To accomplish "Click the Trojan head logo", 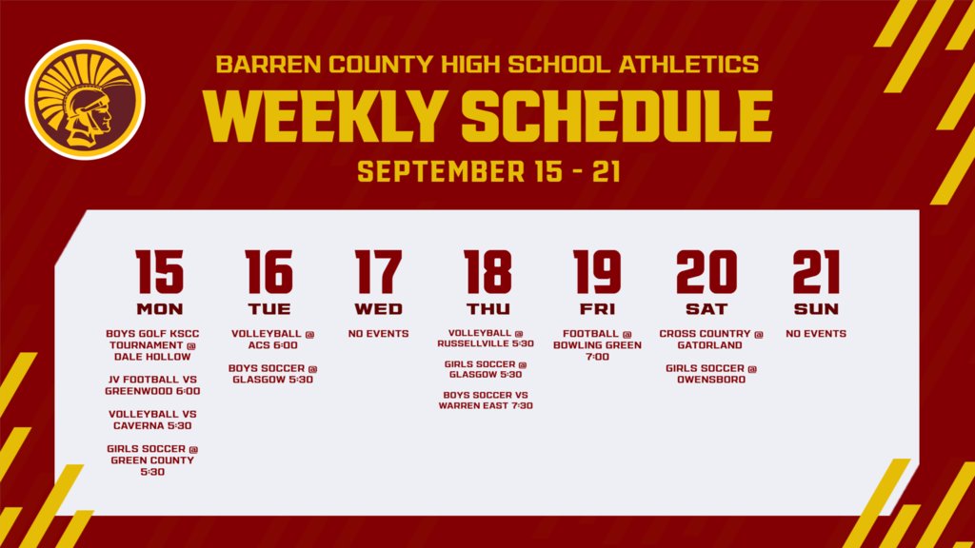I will [84, 100].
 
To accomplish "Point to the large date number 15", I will [159, 272].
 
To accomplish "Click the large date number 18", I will [487, 272].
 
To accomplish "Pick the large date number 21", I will [816, 272].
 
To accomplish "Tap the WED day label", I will [378, 309].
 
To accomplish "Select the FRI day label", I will [597, 309].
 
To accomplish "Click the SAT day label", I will [706, 309].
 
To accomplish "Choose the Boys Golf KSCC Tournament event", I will [152, 345].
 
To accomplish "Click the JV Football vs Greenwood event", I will [153, 384].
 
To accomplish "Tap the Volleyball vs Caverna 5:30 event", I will [152, 421].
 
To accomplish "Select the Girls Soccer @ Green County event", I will [152, 460].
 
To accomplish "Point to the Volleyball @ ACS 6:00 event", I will [272, 340].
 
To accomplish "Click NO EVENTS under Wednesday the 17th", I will [378, 334].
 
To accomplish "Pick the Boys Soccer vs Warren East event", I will [486, 400].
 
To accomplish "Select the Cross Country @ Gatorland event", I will [711, 340].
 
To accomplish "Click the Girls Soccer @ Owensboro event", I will [711, 374].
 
